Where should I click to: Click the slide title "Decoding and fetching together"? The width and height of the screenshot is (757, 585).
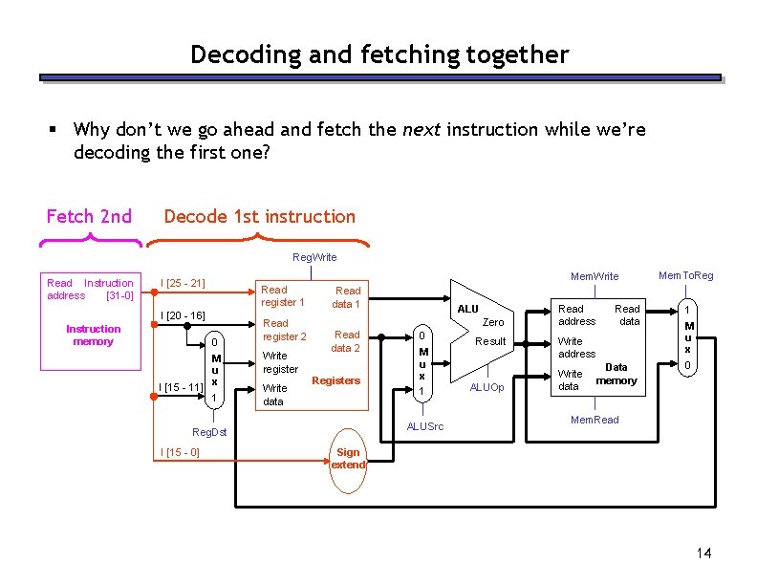[x=378, y=54]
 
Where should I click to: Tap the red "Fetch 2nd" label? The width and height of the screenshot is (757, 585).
[x=89, y=216]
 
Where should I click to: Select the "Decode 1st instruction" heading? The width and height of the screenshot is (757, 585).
[x=259, y=216]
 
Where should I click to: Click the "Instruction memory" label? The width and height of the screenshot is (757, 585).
[x=93, y=335]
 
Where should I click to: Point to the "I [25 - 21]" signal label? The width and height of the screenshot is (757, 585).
[x=183, y=283]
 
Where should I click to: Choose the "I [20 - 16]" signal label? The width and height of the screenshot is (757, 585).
[x=183, y=315]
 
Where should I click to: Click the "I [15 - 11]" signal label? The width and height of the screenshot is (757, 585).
[x=181, y=386]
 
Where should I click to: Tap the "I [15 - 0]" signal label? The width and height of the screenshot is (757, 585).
[x=180, y=451]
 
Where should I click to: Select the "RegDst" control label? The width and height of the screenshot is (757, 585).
[x=208, y=432]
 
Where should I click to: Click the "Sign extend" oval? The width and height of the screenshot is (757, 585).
[x=348, y=458]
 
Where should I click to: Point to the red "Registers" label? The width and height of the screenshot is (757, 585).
[x=336, y=380]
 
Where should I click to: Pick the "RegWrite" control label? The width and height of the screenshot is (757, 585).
[x=314, y=257]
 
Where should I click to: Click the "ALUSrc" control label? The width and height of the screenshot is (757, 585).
[x=425, y=426]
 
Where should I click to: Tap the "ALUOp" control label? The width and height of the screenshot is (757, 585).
[x=487, y=387]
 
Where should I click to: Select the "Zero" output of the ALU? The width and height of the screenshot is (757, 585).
[x=492, y=322]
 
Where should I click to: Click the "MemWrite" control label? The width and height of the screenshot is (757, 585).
[x=595, y=276]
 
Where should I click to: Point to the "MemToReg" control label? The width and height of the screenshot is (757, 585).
[x=686, y=276]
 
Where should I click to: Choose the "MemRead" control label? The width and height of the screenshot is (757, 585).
[x=594, y=420]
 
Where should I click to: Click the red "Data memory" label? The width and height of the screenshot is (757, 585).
[x=616, y=374]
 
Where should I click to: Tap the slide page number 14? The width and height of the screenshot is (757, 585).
[x=705, y=553]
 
